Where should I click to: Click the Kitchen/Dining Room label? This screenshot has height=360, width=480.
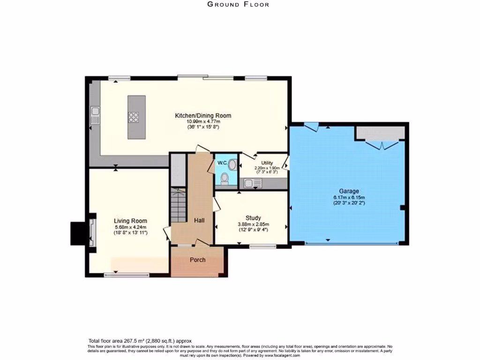tap(203, 116)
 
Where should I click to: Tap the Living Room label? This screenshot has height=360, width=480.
tap(130, 221)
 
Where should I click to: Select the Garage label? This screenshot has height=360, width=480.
tap(349, 191)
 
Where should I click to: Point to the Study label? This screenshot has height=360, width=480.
tap(253, 218)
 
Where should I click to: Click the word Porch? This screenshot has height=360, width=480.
tap(197, 260)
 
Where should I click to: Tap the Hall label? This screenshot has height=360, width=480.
tap(199, 220)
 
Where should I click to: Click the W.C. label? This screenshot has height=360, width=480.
tap(222, 163)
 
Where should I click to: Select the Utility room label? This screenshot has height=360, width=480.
tap(267, 163)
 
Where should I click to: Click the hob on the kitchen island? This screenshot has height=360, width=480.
tap(134, 117)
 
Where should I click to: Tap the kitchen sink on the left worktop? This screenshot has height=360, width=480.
tap(95, 115)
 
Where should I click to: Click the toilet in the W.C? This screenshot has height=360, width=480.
tap(225, 179)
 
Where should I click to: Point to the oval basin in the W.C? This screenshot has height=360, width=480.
tap(232, 165)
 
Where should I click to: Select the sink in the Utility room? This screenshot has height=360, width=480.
tap(253, 183)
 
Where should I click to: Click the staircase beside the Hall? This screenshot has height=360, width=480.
tap(178, 205)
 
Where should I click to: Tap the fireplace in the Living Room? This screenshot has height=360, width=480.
tap(92, 232)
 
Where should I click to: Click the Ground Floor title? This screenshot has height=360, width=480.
tap(238, 4)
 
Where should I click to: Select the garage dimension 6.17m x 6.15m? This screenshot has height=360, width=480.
tap(349, 198)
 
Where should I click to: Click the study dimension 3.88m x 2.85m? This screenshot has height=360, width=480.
tap(254, 225)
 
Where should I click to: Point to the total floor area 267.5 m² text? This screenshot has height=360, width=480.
tap(140, 341)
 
